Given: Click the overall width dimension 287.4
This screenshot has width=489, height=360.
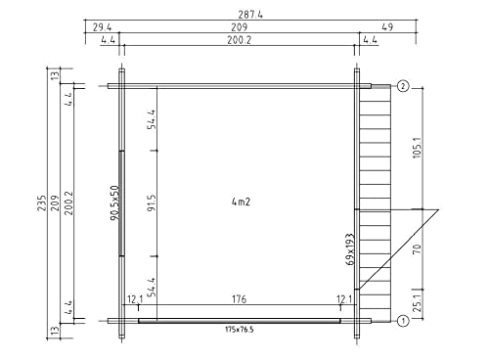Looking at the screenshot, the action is (250, 15).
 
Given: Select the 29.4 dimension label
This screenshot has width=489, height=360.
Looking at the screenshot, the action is (102, 27).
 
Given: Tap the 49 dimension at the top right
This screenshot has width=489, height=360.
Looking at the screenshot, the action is (387, 26).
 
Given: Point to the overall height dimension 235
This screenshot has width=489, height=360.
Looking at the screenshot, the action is (42, 202).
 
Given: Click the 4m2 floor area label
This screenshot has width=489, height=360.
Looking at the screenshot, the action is (241, 202).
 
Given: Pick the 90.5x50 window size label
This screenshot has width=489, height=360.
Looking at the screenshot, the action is (115, 202).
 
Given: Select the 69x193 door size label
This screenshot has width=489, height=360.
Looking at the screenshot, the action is (350, 249).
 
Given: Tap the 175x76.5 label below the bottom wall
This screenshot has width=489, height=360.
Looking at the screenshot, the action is (240, 330).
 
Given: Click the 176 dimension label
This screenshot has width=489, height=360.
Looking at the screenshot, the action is (240, 299).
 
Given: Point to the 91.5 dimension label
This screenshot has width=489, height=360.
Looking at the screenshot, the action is (152, 202).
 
